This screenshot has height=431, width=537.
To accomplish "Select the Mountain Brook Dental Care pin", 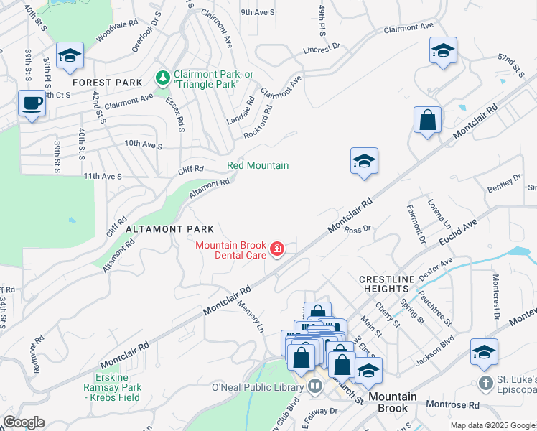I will pos(276,250).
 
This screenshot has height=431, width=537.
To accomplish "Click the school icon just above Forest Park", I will pos(70,55).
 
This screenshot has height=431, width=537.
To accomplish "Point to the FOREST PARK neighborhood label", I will pos(107,83).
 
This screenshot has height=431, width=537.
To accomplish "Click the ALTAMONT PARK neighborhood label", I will pos(169,229).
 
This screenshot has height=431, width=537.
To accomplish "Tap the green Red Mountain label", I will pos(258,166).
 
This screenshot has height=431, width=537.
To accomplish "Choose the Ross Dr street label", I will pos(356,230).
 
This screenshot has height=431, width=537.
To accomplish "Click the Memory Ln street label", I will pos(251,315).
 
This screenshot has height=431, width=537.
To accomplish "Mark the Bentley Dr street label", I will pos(505,182).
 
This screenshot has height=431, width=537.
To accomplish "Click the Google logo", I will pos(24,422).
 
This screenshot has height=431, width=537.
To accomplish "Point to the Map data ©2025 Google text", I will pos(491,425).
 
